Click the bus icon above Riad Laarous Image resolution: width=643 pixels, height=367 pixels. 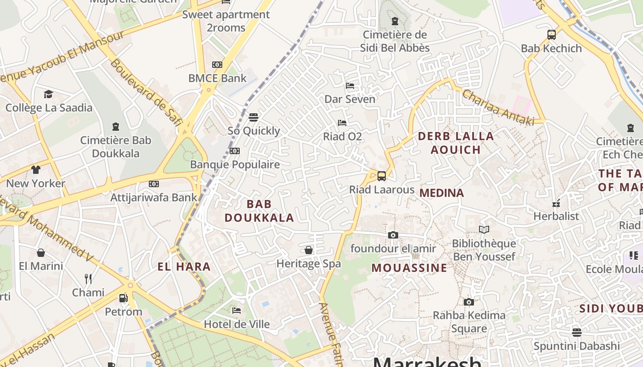381,176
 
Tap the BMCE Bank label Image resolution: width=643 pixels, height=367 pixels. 217,78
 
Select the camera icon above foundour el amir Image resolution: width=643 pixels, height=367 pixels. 393,235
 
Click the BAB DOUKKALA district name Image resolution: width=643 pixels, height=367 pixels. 259,211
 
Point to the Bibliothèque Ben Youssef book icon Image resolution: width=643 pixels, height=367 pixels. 484,229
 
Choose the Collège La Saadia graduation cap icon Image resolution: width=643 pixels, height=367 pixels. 48,94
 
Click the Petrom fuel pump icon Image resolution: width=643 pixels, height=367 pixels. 123,298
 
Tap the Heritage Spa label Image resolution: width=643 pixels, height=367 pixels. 308,264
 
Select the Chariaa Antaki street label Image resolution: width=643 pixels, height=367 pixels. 498,107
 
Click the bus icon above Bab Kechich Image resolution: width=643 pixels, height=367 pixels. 551,34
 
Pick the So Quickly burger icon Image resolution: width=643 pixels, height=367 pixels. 254,117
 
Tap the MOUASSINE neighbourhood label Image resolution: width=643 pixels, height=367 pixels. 409,268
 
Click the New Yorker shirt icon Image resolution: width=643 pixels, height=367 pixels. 36,169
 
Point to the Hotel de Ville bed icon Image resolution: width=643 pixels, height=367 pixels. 236,311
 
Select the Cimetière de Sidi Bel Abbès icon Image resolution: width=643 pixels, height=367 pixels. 395,21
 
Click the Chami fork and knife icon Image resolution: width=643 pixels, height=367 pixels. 88,278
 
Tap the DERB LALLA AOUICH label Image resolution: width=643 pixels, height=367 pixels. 456,143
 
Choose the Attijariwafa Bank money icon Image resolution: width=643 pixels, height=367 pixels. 154,184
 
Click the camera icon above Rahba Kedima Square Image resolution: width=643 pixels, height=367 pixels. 468,302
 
